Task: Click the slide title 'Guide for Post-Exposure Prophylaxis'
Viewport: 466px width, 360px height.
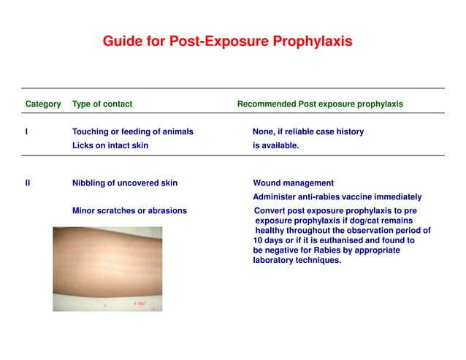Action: pos(227,42)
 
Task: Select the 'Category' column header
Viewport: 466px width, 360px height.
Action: pos(43,104)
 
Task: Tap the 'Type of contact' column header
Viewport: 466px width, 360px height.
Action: pos(102,104)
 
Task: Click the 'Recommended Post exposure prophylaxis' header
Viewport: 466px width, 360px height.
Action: pos(320,104)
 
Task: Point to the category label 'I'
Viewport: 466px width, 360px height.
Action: pos(26,132)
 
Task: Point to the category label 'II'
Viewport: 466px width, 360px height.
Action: pos(28,183)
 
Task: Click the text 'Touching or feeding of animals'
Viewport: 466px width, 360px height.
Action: pos(133,132)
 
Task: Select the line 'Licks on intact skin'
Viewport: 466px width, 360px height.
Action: pos(110,145)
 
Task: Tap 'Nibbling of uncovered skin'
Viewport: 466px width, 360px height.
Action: pos(125,183)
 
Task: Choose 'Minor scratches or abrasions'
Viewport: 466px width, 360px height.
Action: pos(129,211)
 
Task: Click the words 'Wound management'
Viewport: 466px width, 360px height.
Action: pos(293,183)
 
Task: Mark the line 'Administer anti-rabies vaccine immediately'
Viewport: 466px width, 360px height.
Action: pos(337,197)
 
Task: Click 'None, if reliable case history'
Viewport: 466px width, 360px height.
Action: pos(308,132)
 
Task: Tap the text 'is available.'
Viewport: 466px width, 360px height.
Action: pos(276,145)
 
